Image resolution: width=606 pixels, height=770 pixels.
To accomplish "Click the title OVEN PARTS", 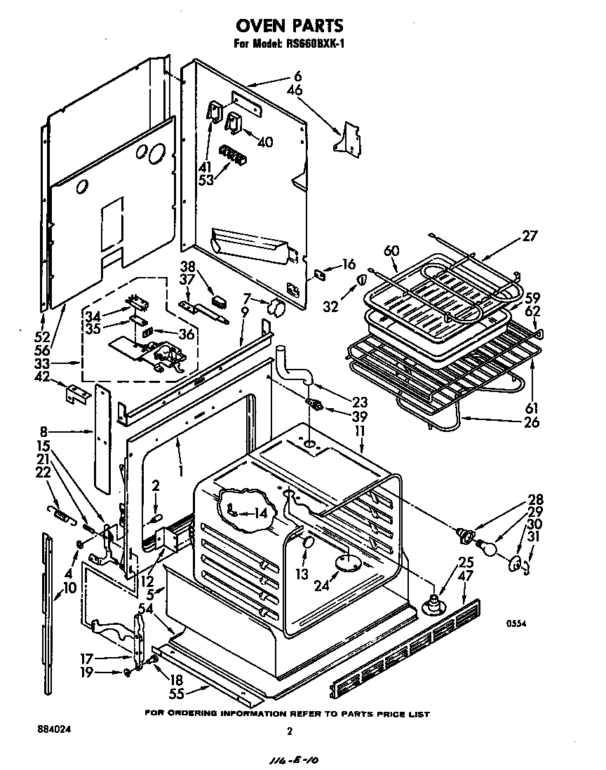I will pyautogui.click(x=289, y=26).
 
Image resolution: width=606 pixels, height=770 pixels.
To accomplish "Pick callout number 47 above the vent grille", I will pyautogui.click(x=465, y=575).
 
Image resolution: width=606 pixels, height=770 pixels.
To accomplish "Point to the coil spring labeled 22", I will pyautogui.click(x=62, y=518).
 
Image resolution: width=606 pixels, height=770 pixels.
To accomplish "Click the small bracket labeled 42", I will pyautogui.click(x=79, y=394).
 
